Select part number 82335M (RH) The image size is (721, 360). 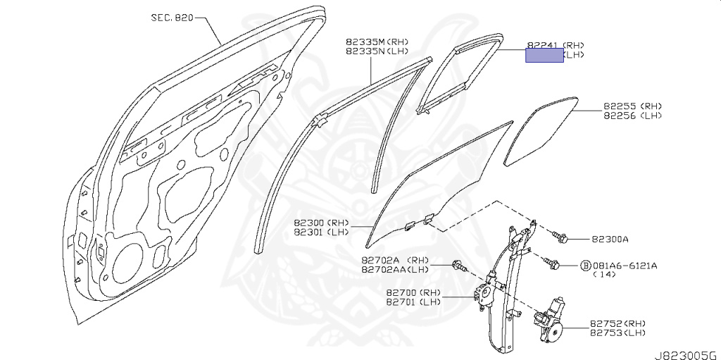377,42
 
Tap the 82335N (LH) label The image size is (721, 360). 377,51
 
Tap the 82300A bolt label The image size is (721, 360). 610,240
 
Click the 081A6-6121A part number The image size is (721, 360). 625,266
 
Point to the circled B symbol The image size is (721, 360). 584,266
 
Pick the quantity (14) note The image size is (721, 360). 604,275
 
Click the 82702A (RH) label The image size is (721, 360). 395,260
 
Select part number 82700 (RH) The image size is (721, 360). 413,292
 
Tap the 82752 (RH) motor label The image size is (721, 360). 617,323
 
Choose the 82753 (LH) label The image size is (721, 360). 617,333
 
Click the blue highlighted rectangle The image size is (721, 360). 545,56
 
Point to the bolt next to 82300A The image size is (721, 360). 561,237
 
